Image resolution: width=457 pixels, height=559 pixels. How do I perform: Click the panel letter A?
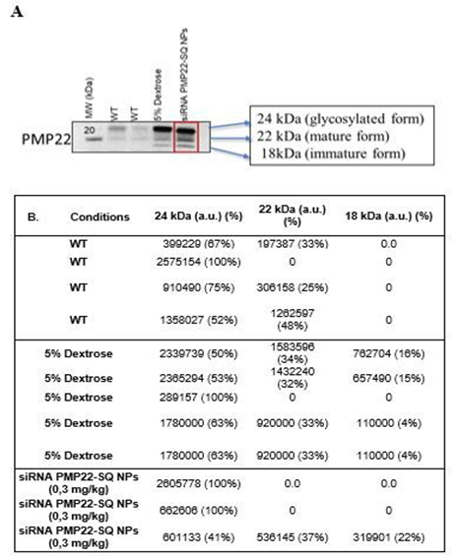[16, 16]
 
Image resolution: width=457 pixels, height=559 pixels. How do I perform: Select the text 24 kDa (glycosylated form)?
[323, 116]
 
